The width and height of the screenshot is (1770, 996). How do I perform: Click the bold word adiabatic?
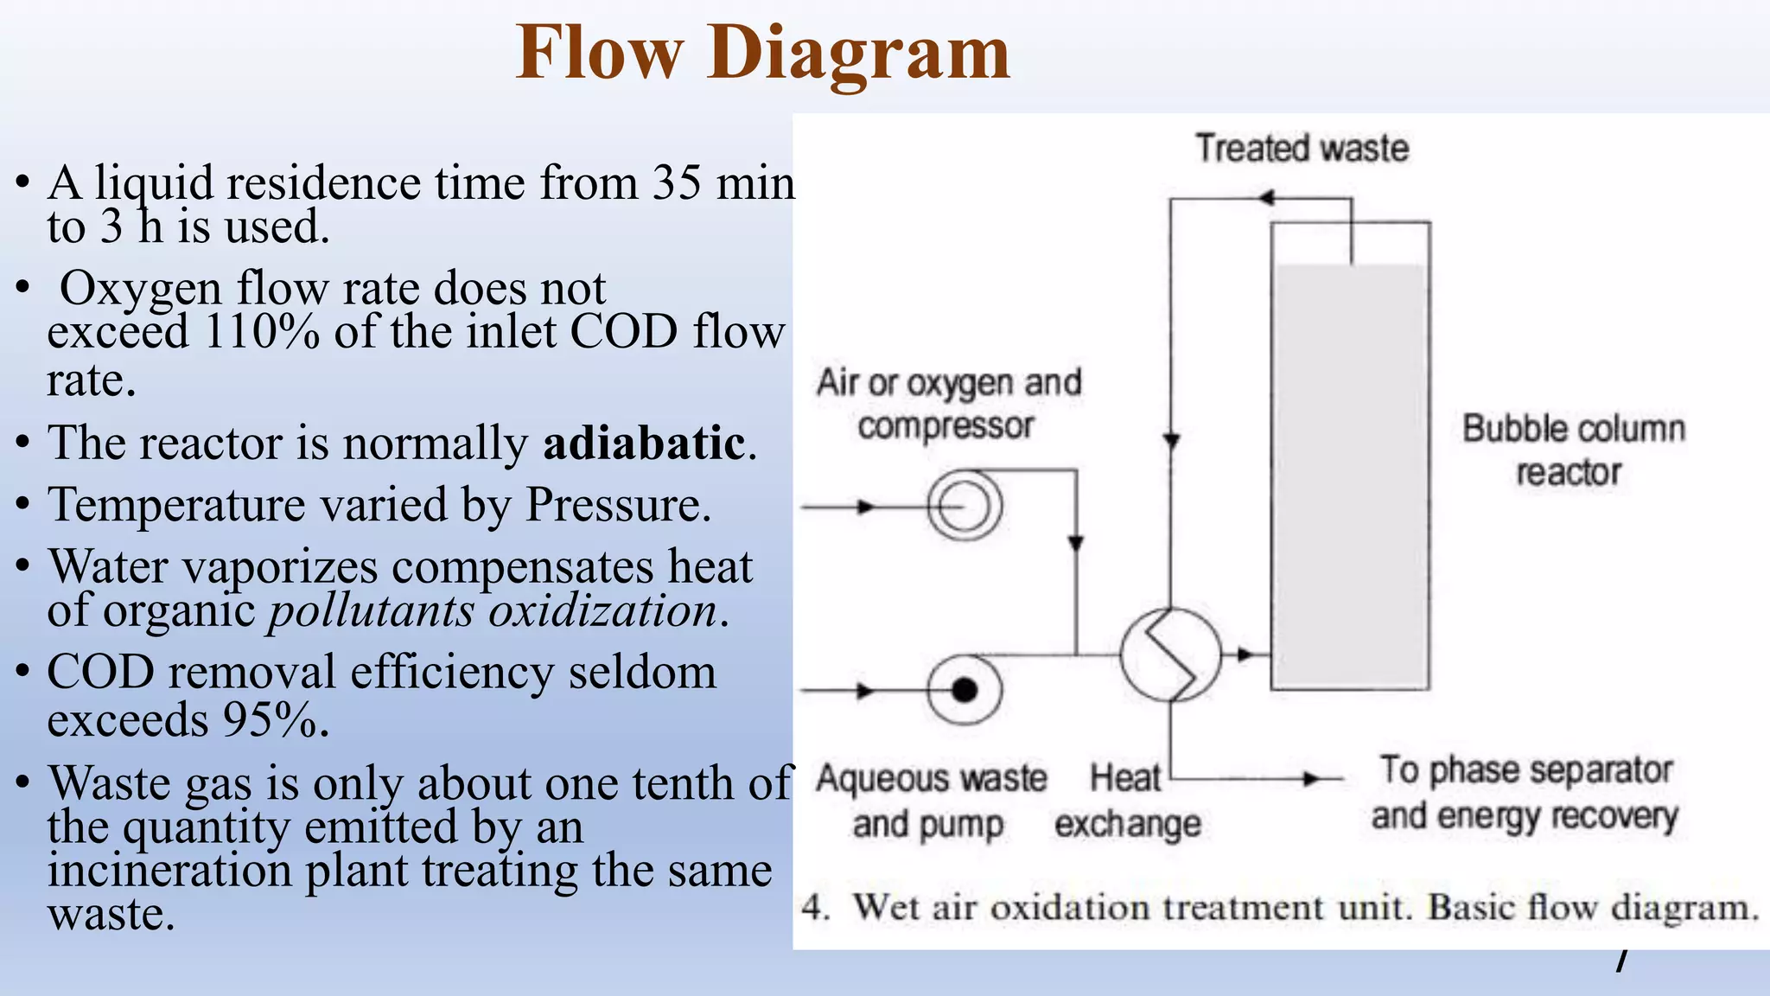pyautogui.click(x=644, y=444)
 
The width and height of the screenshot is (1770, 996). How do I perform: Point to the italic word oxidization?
pyautogui.click(x=602, y=610)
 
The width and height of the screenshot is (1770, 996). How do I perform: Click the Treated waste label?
pyautogui.click(x=1302, y=148)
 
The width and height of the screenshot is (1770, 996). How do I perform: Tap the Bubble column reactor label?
pyautogui.click(x=1572, y=450)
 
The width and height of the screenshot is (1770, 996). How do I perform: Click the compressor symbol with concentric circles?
pyautogui.click(x=964, y=506)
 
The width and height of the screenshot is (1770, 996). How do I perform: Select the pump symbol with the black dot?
pyautogui.click(x=964, y=690)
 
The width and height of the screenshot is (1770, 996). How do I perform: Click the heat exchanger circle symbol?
pyautogui.click(x=1170, y=654)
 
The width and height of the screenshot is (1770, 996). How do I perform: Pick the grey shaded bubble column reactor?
pyautogui.click(x=1350, y=476)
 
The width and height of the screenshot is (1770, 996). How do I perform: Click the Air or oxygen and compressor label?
pyautogui.click(x=948, y=404)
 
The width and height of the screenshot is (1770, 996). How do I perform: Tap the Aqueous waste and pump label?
pyautogui.click(x=931, y=801)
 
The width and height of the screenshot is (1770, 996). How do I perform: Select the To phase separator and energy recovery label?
pyautogui.click(x=1525, y=793)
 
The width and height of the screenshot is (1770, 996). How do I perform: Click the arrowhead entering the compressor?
pyautogui.click(x=865, y=507)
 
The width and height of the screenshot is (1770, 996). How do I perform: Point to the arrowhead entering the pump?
pyautogui.click(x=865, y=691)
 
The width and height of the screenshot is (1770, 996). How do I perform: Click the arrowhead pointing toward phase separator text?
pyautogui.click(x=1313, y=779)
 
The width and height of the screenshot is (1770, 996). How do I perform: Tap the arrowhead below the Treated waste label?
pyautogui.click(x=1266, y=198)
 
